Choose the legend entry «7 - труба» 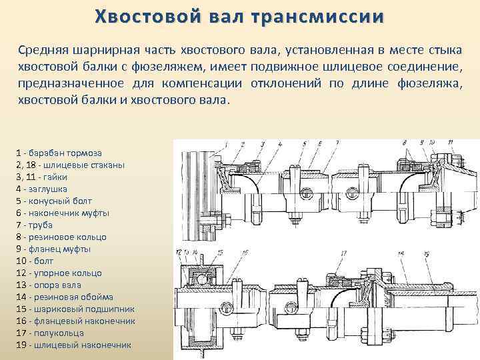point(38,225)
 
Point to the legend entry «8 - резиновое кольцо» point(60,237)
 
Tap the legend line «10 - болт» point(38,261)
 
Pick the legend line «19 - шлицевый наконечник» point(73,345)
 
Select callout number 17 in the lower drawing point(344,253)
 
